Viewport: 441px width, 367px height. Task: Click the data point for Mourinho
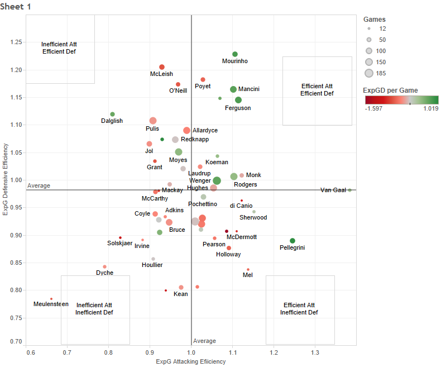click(x=235, y=54)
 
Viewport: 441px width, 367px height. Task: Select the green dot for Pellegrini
click(x=293, y=241)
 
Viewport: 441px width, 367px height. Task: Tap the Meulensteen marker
click(x=51, y=299)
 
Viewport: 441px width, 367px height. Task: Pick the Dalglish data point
click(x=112, y=114)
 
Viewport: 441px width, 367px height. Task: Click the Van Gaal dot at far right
click(x=349, y=190)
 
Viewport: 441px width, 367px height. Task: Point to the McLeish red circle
click(x=162, y=67)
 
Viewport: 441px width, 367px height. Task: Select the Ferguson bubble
click(x=238, y=100)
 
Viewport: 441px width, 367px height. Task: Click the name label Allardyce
click(x=205, y=131)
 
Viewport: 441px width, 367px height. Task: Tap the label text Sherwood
click(x=253, y=218)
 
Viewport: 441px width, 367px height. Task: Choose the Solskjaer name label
click(x=119, y=243)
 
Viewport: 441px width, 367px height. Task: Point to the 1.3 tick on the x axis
click(x=315, y=353)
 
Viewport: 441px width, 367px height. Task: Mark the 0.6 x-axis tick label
click(x=30, y=353)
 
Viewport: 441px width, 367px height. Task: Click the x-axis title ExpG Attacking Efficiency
click(x=191, y=362)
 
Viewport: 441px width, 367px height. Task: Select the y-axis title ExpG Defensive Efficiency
click(x=6, y=179)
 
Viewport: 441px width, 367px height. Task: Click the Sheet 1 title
click(x=16, y=6)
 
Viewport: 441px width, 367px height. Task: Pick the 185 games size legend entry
click(x=369, y=73)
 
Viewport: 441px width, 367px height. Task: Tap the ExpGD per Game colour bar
click(x=401, y=100)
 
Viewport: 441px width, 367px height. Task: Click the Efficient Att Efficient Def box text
click(x=317, y=90)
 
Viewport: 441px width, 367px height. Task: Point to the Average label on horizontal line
click(x=39, y=185)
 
